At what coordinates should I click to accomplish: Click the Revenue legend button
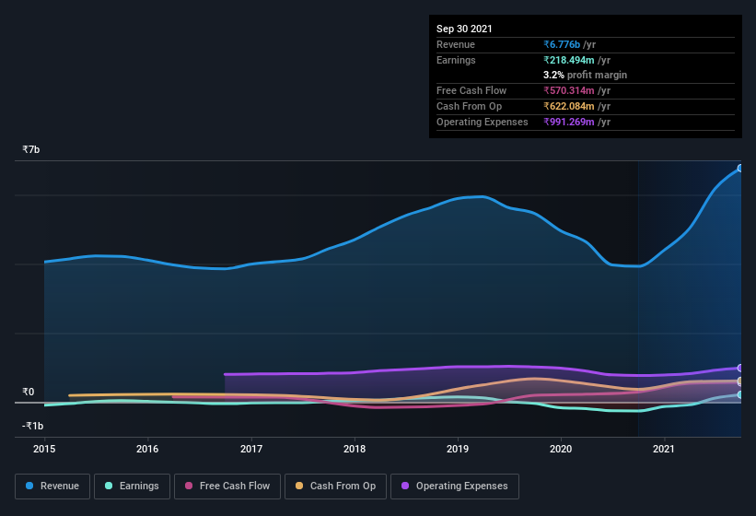52,486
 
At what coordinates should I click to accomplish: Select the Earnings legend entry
133,486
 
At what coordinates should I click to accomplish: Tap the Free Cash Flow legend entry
227,486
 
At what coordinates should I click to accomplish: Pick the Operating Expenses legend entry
455,486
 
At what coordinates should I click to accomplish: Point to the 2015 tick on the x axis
44,449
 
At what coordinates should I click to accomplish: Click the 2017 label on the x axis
251,449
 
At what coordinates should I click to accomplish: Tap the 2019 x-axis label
458,449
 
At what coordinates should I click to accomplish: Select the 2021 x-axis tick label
664,449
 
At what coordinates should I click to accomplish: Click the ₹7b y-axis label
31,149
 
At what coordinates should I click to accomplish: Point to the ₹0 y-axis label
29,392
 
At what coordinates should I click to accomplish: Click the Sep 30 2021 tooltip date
464,29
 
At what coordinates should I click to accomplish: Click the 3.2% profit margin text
585,75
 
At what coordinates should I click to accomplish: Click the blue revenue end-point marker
740,169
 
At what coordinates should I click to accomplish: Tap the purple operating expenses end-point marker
740,368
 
